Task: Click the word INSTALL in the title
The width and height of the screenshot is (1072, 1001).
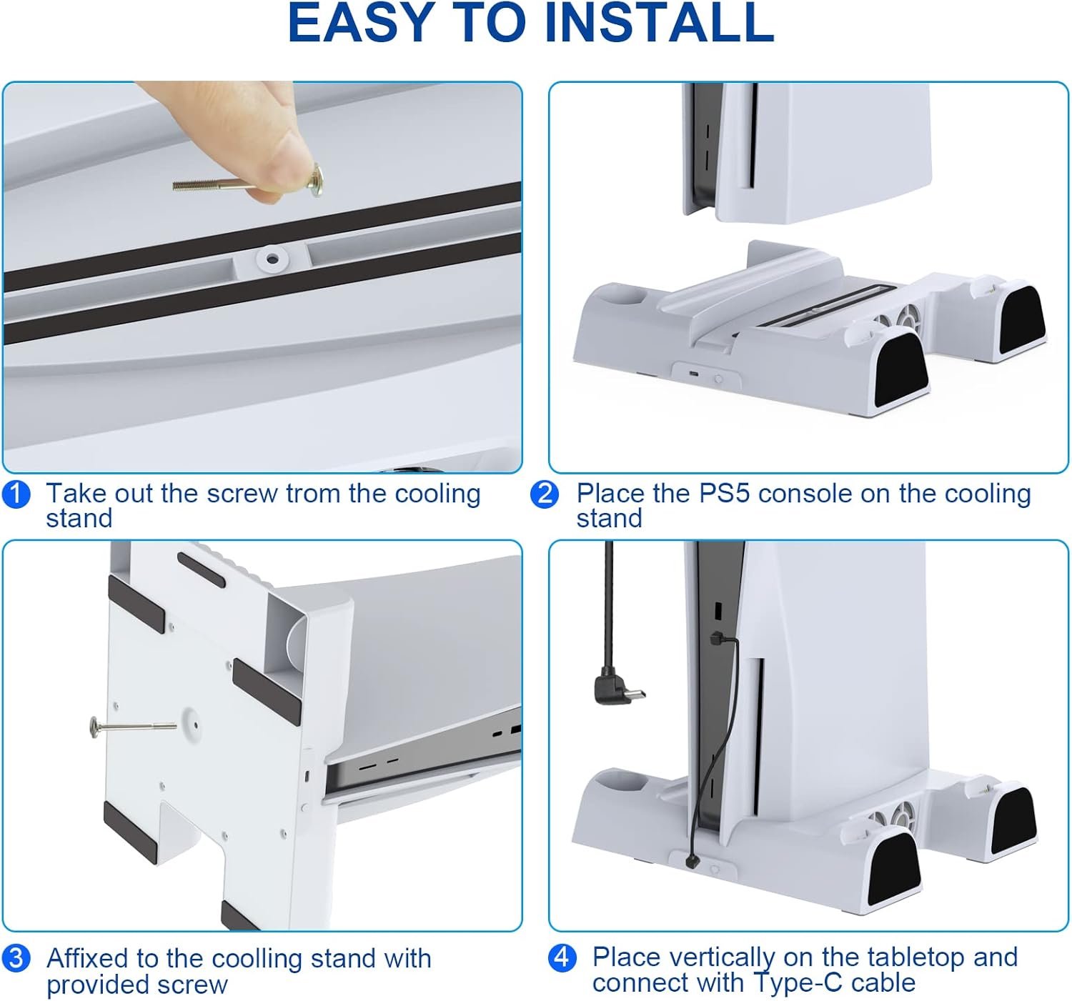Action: (x=660, y=23)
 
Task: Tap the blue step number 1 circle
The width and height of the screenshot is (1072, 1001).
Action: (x=16, y=494)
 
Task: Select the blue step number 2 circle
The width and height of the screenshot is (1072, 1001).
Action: (x=545, y=494)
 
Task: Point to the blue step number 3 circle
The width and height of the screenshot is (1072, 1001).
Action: (x=16, y=958)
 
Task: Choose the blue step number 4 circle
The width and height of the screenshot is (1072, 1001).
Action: (x=562, y=957)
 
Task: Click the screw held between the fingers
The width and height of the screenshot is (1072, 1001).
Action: (x=248, y=182)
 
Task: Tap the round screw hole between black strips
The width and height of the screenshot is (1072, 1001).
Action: (x=272, y=259)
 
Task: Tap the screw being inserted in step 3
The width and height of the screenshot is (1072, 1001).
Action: (x=133, y=727)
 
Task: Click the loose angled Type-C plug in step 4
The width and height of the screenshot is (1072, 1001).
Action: (x=619, y=687)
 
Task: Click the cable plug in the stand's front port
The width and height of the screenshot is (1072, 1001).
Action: (x=692, y=862)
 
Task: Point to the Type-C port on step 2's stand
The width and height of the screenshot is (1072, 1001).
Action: (x=695, y=374)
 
